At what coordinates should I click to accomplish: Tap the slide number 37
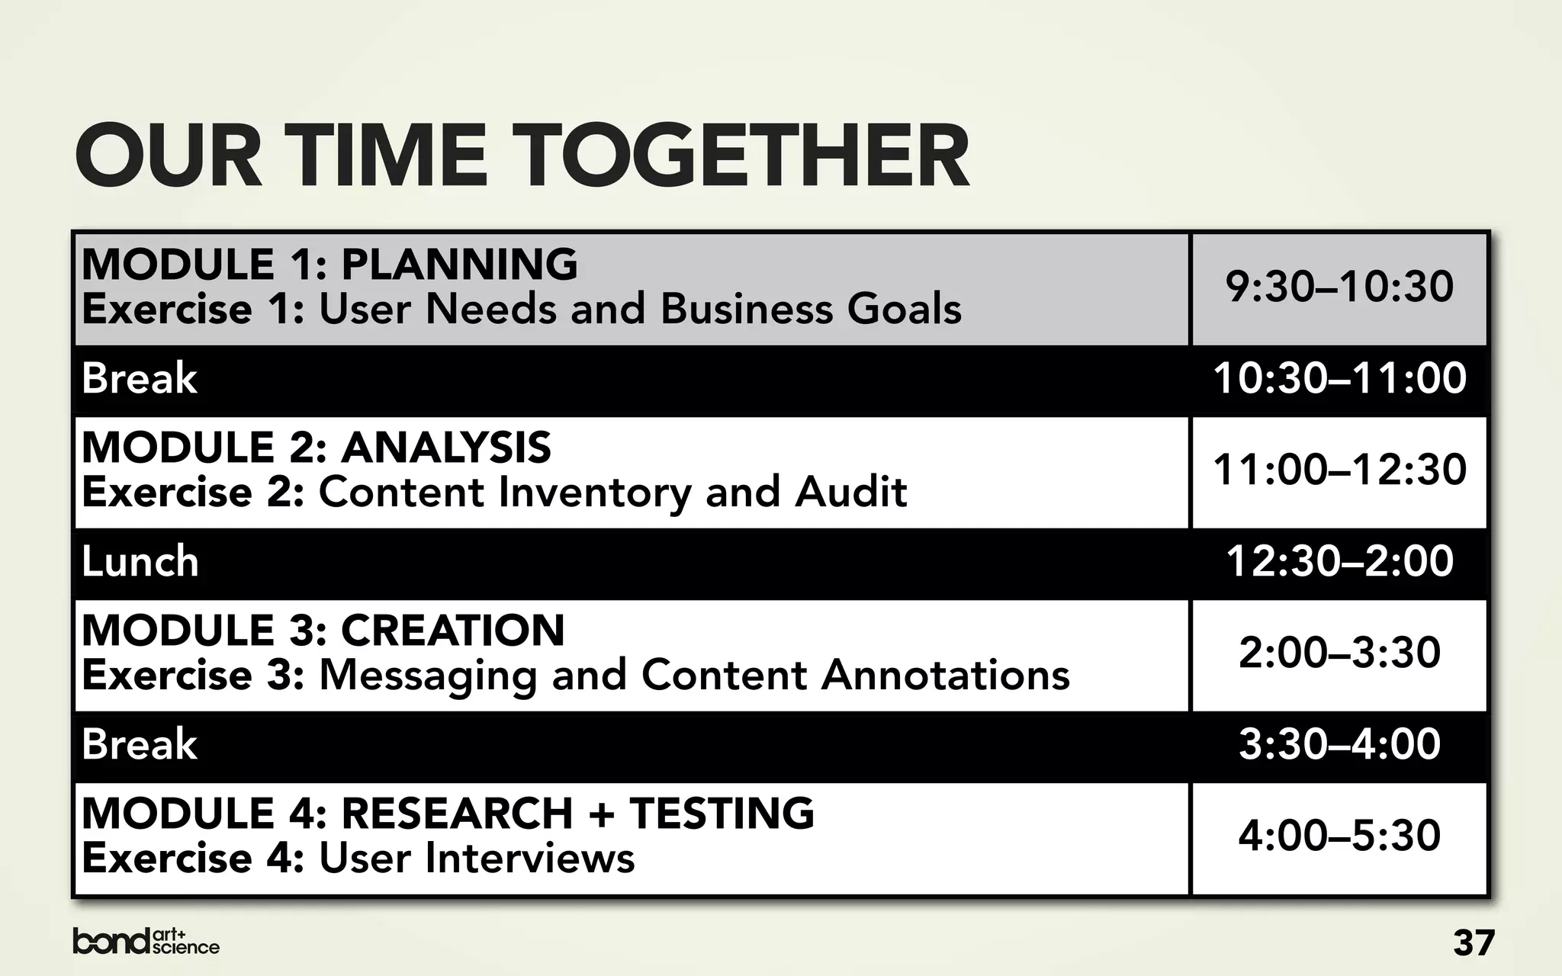(1474, 943)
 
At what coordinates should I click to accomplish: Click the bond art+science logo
(146, 942)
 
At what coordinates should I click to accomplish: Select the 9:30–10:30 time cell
(1339, 287)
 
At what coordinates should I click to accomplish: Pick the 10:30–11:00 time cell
(1339, 378)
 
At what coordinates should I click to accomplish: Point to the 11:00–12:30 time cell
(1339, 470)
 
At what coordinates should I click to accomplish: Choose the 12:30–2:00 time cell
(1339, 561)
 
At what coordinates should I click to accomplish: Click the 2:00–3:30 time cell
(1339, 653)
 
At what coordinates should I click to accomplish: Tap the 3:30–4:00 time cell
(1339, 744)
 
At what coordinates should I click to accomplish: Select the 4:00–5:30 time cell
(1339, 836)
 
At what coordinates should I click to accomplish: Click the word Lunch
(140, 562)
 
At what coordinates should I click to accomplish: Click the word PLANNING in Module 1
(459, 265)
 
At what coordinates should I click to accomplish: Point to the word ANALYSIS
(446, 448)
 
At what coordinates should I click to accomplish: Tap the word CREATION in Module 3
(453, 631)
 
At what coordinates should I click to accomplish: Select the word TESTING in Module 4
(722, 814)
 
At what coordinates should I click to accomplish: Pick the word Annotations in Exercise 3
(945, 676)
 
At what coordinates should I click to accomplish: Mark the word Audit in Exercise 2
(850, 493)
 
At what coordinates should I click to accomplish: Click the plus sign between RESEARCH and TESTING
(601, 814)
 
